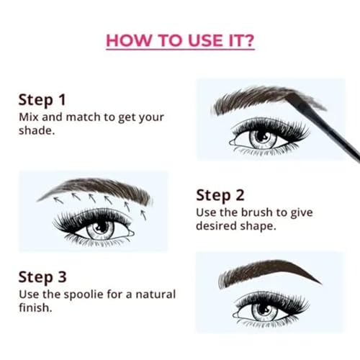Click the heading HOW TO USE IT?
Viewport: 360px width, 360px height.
click(x=179, y=40)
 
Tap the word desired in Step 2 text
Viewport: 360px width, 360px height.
click(x=218, y=227)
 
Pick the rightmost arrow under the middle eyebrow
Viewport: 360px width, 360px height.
click(x=143, y=213)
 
